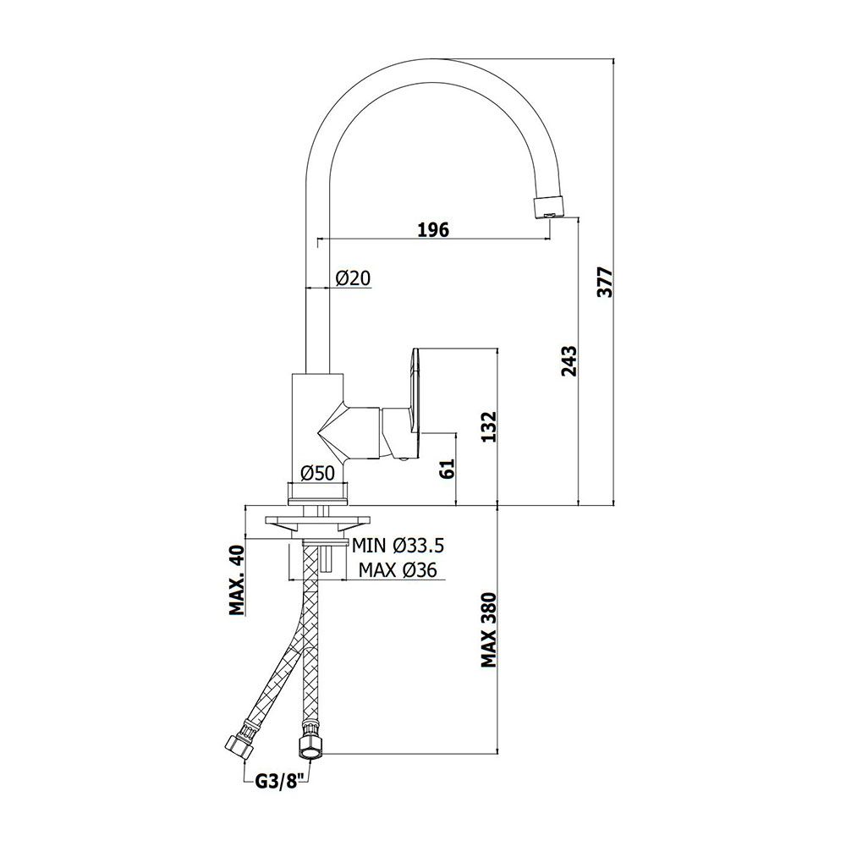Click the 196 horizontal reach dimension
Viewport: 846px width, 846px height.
point(433,230)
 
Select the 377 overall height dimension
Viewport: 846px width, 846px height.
point(607,282)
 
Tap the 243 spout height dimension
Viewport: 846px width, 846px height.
point(569,361)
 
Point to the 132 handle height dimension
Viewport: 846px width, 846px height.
point(488,426)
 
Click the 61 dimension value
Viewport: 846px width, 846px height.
point(448,469)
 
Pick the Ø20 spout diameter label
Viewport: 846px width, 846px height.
point(353,277)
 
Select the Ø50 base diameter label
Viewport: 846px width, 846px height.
point(317,473)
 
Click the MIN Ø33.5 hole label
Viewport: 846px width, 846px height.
point(398,546)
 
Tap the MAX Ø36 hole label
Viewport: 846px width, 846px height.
point(398,569)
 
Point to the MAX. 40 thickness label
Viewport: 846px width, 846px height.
point(237,580)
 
